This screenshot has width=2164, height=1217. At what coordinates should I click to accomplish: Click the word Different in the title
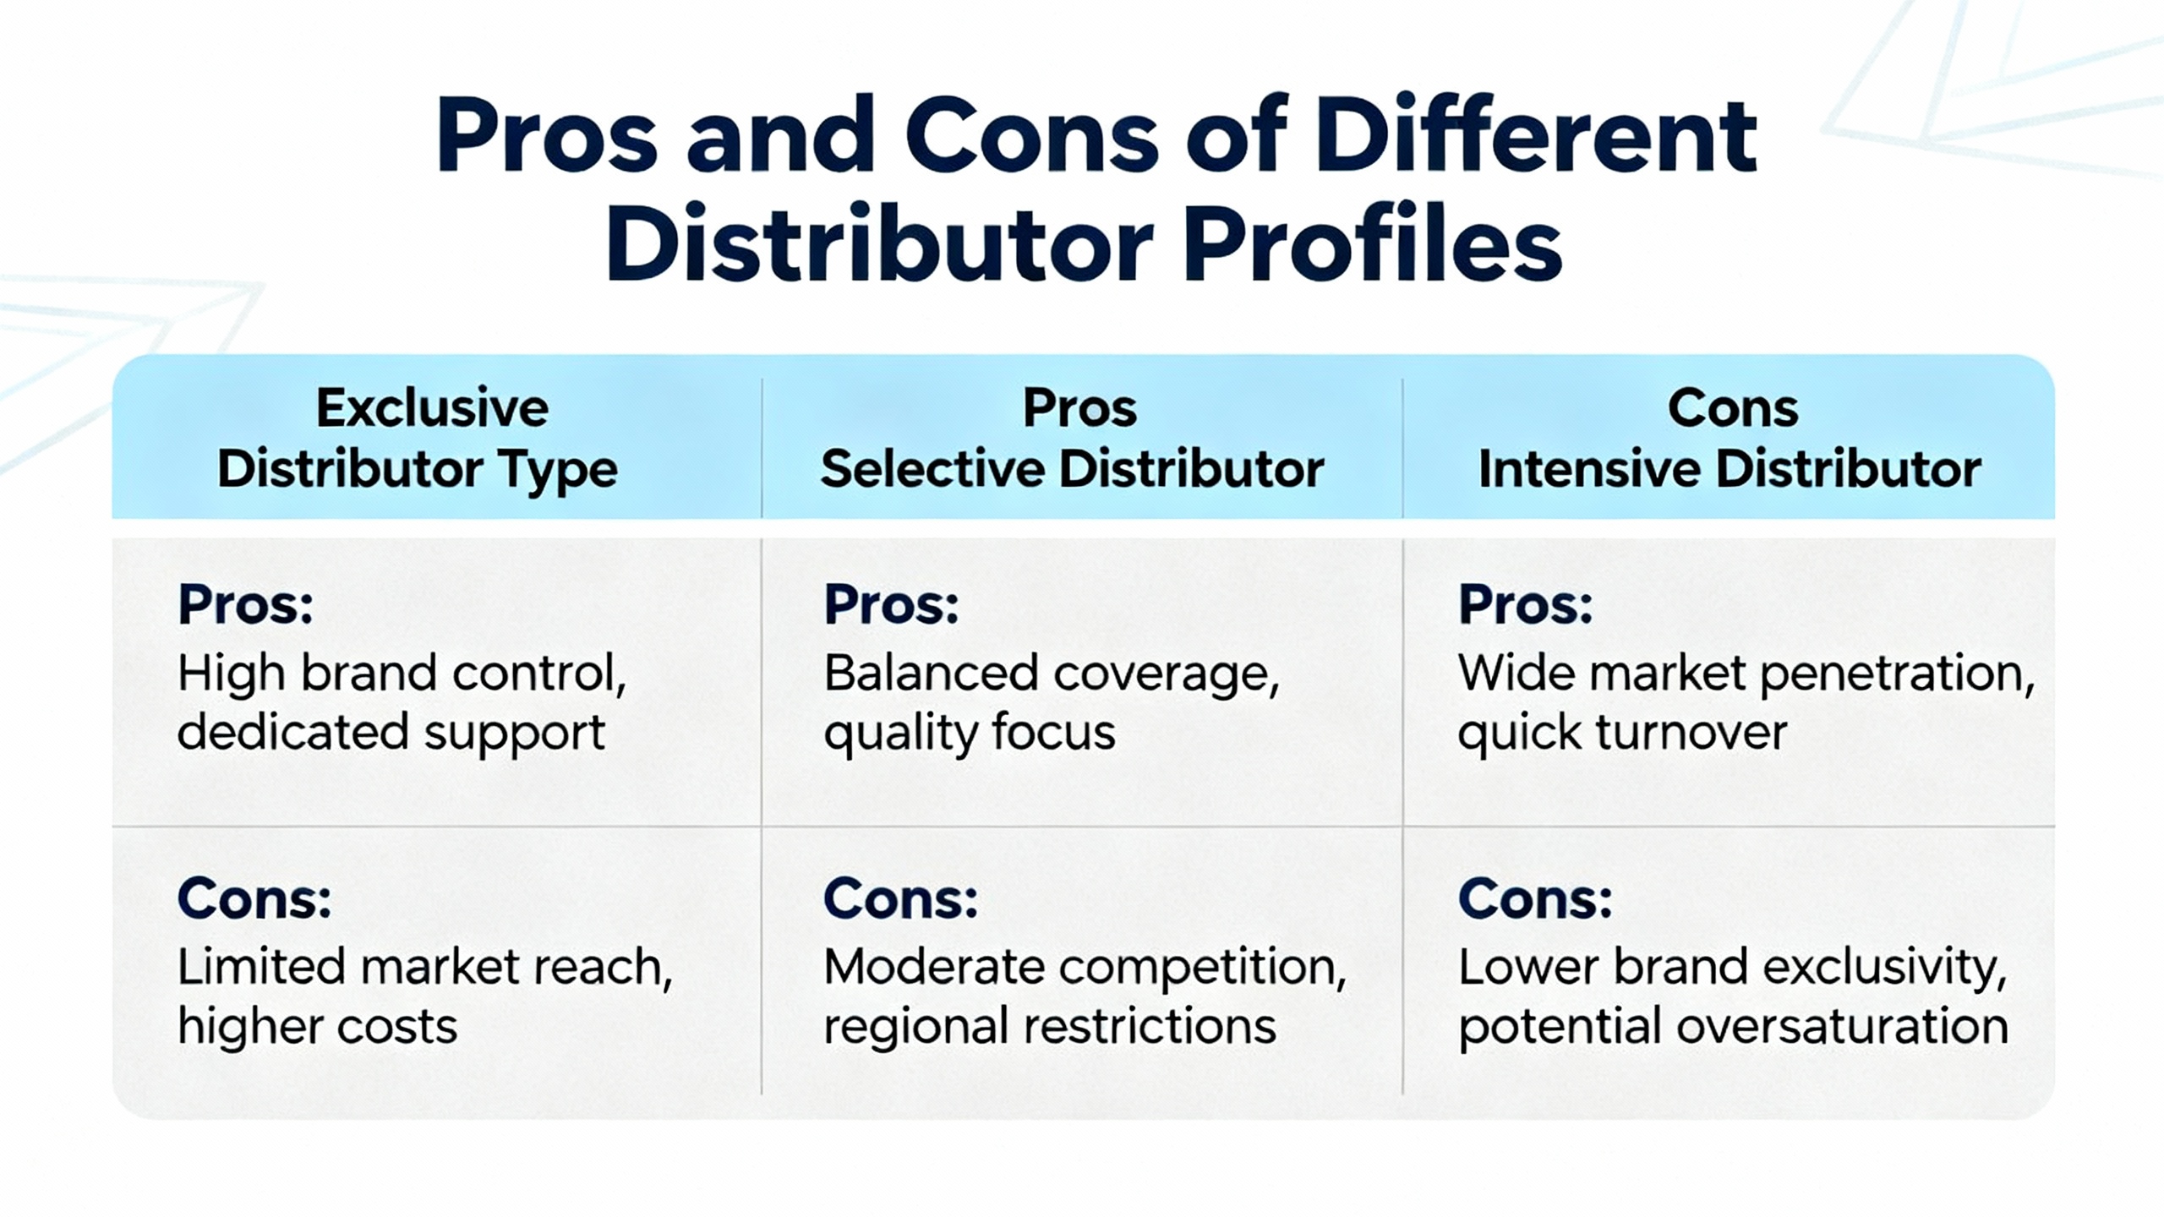[1536, 135]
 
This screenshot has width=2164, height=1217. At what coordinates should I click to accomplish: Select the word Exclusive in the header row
[432, 408]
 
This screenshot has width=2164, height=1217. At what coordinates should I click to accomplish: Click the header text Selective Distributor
[1072, 469]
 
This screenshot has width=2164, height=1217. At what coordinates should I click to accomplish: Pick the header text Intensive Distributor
[1730, 469]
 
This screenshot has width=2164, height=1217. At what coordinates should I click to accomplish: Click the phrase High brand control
[402, 674]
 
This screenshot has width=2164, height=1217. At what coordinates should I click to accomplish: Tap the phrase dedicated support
[391, 733]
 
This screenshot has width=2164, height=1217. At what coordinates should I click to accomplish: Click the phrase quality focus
[970, 733]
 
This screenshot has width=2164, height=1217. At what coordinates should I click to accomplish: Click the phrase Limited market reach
[425, 968]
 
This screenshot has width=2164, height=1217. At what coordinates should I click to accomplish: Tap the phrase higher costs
[317, 1027]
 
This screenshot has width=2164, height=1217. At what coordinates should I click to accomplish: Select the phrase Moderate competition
[1085, 969]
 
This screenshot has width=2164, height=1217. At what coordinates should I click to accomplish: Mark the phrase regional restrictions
[1050, 1027]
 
